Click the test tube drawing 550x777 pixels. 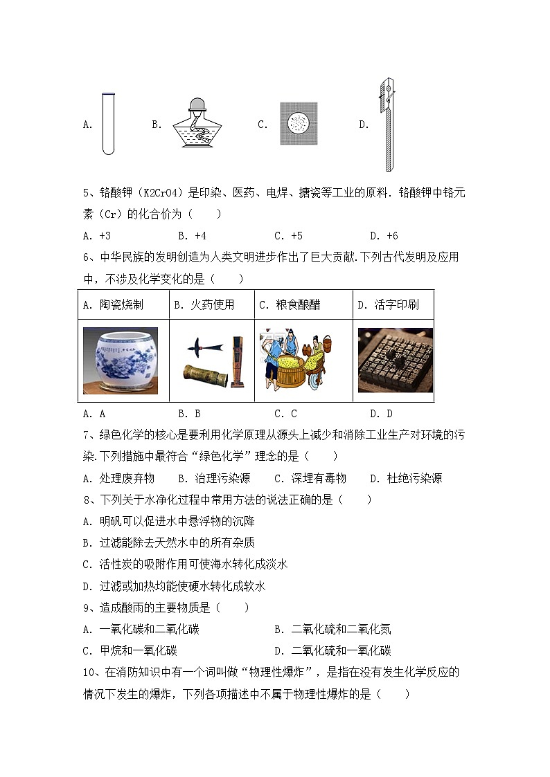tap(107, 124)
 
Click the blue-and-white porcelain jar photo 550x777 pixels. tap(121, 360)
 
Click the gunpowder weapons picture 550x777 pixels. tap(211, 360)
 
